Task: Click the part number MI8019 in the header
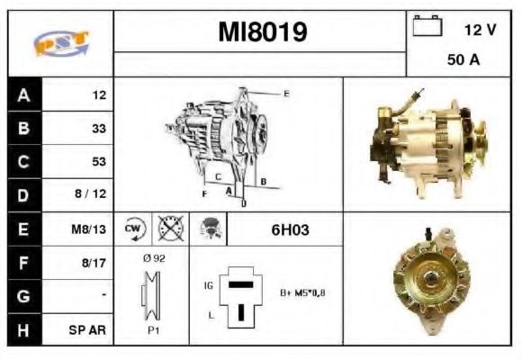coord(262,33)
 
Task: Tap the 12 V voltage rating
coord(480,30)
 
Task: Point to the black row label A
coord(23,94)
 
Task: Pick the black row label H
coord(23,329)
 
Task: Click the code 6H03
coord(290,229)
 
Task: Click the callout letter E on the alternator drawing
coord(286,94)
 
